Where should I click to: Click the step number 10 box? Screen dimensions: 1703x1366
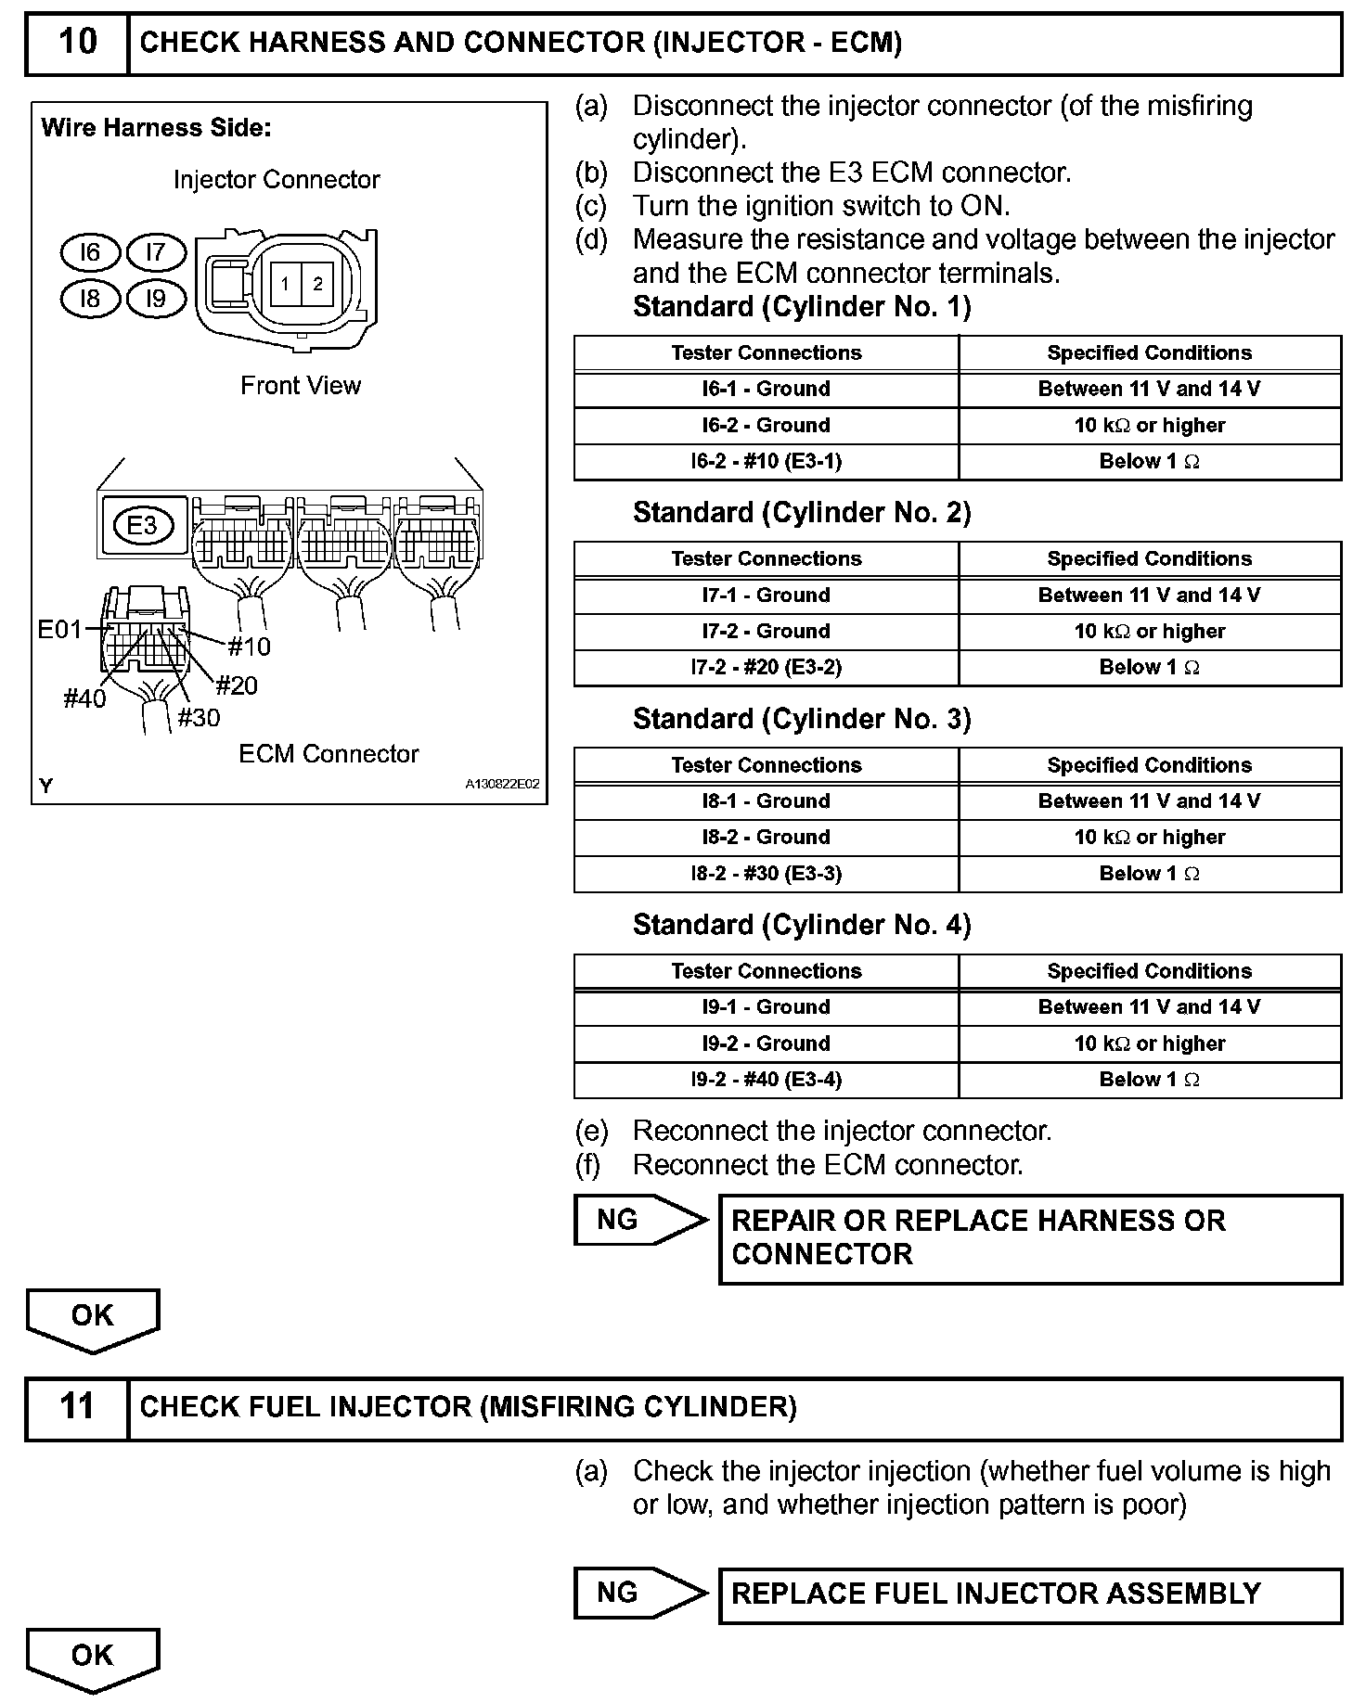(77, 43)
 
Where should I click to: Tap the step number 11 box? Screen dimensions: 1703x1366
(77, 1407)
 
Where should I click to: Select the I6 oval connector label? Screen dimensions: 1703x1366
(90, 252)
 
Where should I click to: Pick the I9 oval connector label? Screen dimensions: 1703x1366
(156, 298)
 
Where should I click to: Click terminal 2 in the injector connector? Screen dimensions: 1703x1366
(317, 284)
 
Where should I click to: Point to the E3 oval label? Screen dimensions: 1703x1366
(142, 526)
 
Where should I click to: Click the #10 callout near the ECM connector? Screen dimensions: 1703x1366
(249, 647)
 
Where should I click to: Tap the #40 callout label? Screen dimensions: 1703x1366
(84, 699)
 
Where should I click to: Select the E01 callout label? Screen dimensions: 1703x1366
(60, 631)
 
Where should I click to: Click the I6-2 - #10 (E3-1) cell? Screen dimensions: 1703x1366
(766, 462)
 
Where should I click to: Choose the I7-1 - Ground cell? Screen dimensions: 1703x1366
(766, 595)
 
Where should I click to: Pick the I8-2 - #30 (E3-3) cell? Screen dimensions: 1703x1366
(766, 874)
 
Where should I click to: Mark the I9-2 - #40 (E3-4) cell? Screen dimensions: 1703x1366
(766, 1080)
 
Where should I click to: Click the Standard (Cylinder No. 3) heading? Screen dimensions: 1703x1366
(802, 720)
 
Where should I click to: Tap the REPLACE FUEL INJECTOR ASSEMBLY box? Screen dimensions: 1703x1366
(1030, 1594)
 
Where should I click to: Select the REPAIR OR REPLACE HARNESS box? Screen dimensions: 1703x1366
(1030, 1238)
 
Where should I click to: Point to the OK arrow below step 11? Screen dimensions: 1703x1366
(93, 1657)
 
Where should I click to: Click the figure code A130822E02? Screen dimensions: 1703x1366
(502, 784)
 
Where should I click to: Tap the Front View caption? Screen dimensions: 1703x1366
(301, 386)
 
